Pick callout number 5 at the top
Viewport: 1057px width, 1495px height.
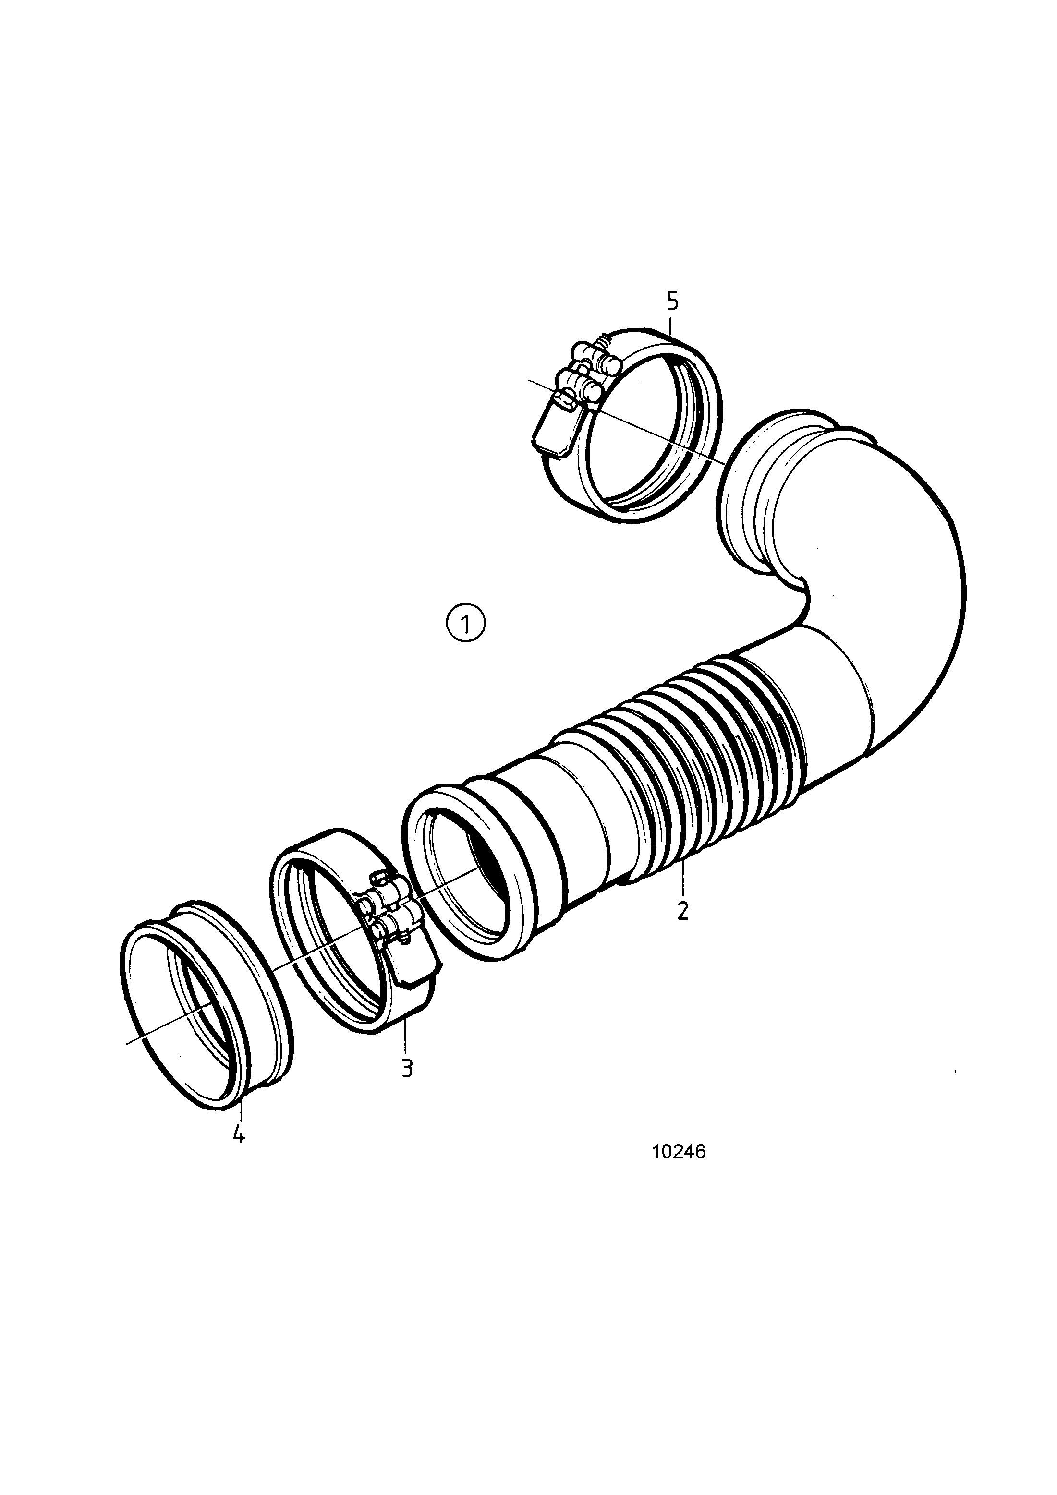click(x=673, y=301)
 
